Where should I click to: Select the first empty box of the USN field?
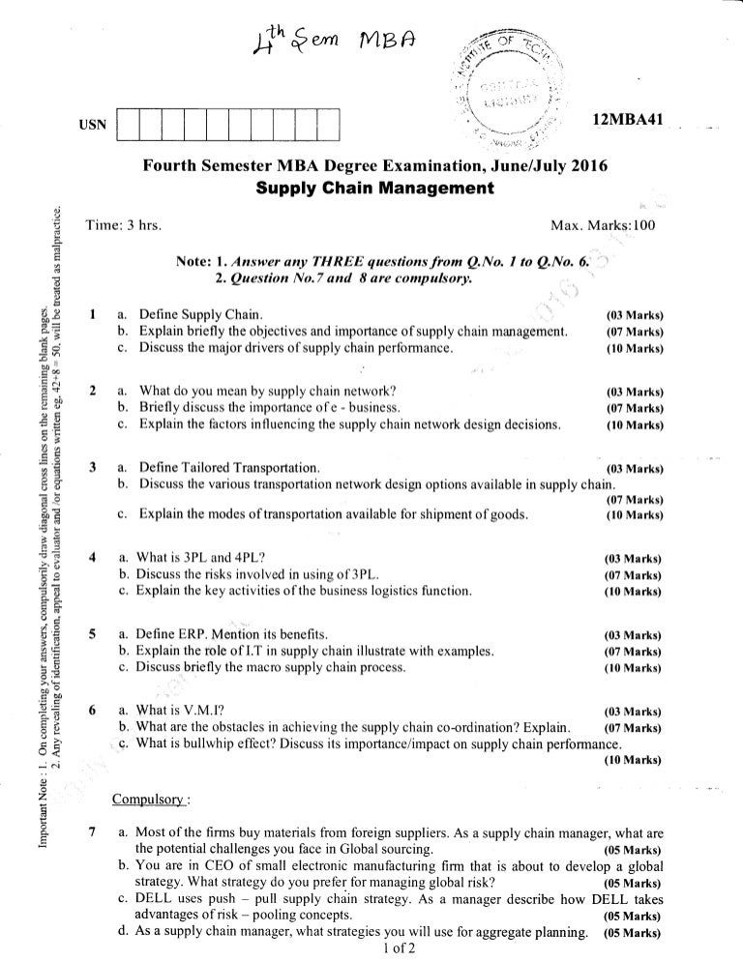point(127,126)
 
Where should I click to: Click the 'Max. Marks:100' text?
point(602,225)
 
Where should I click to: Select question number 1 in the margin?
point(90,314)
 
